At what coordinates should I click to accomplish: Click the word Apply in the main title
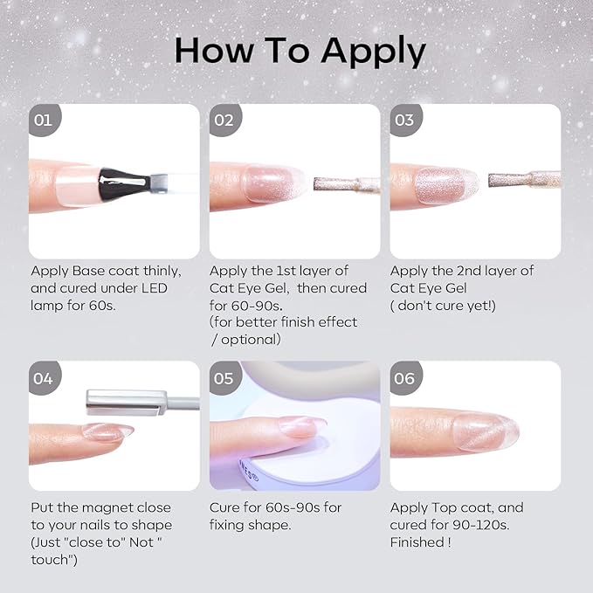[372, 52]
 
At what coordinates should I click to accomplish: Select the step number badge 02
[224, 120]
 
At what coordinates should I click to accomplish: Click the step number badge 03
[404, 120]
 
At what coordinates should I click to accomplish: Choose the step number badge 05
[224, 378]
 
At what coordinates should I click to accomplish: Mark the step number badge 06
[404, 378]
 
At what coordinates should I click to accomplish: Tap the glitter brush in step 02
[345, 184]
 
